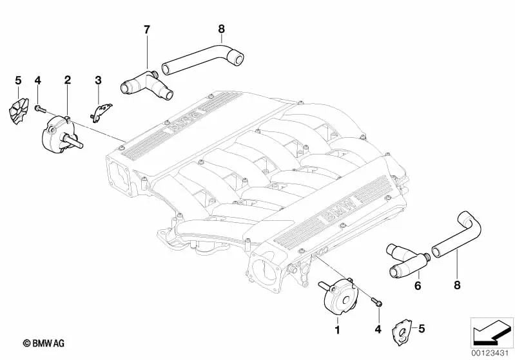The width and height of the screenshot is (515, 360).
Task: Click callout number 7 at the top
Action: tap(146, 30)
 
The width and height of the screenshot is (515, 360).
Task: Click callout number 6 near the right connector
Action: tap(417, 285)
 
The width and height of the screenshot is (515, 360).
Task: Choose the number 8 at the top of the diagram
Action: tap(221, 29)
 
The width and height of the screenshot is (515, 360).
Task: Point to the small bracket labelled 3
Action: tap(101, 111)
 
